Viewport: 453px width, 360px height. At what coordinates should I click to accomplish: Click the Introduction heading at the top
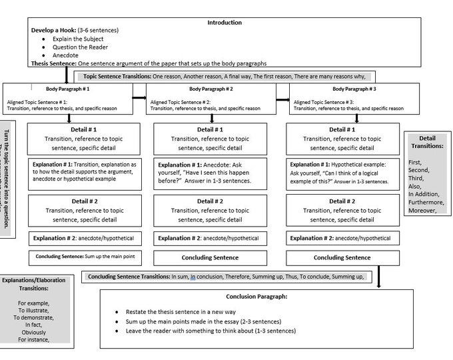click(x=225, y=22)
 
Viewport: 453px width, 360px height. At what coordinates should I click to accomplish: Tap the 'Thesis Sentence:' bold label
click(x=54, y=63)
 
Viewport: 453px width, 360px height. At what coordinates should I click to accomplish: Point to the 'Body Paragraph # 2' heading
click(x=211, y=89)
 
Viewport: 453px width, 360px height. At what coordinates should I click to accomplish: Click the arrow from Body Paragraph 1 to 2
click(x=139, y=97)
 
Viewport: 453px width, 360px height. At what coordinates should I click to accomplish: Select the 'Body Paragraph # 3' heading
click(x=354, y=89)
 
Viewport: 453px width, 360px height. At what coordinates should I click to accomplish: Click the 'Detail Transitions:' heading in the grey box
click(x=427, y=142)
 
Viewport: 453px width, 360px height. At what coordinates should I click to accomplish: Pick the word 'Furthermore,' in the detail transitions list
click(x=426, y=202)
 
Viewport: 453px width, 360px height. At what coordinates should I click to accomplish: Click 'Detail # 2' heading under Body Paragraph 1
click(x=84, y=201)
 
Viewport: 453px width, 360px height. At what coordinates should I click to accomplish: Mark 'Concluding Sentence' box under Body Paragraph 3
click(x=342, y=257)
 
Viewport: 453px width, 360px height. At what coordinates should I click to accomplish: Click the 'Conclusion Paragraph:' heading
click(x=256, y=297)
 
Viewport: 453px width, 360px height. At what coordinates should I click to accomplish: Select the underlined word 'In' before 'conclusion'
click(x=193, y=277)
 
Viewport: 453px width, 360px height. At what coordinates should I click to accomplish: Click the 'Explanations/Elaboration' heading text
click(x=33, y=280)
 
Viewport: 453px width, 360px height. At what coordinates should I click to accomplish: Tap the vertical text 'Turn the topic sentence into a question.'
click(x=7, y=179)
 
